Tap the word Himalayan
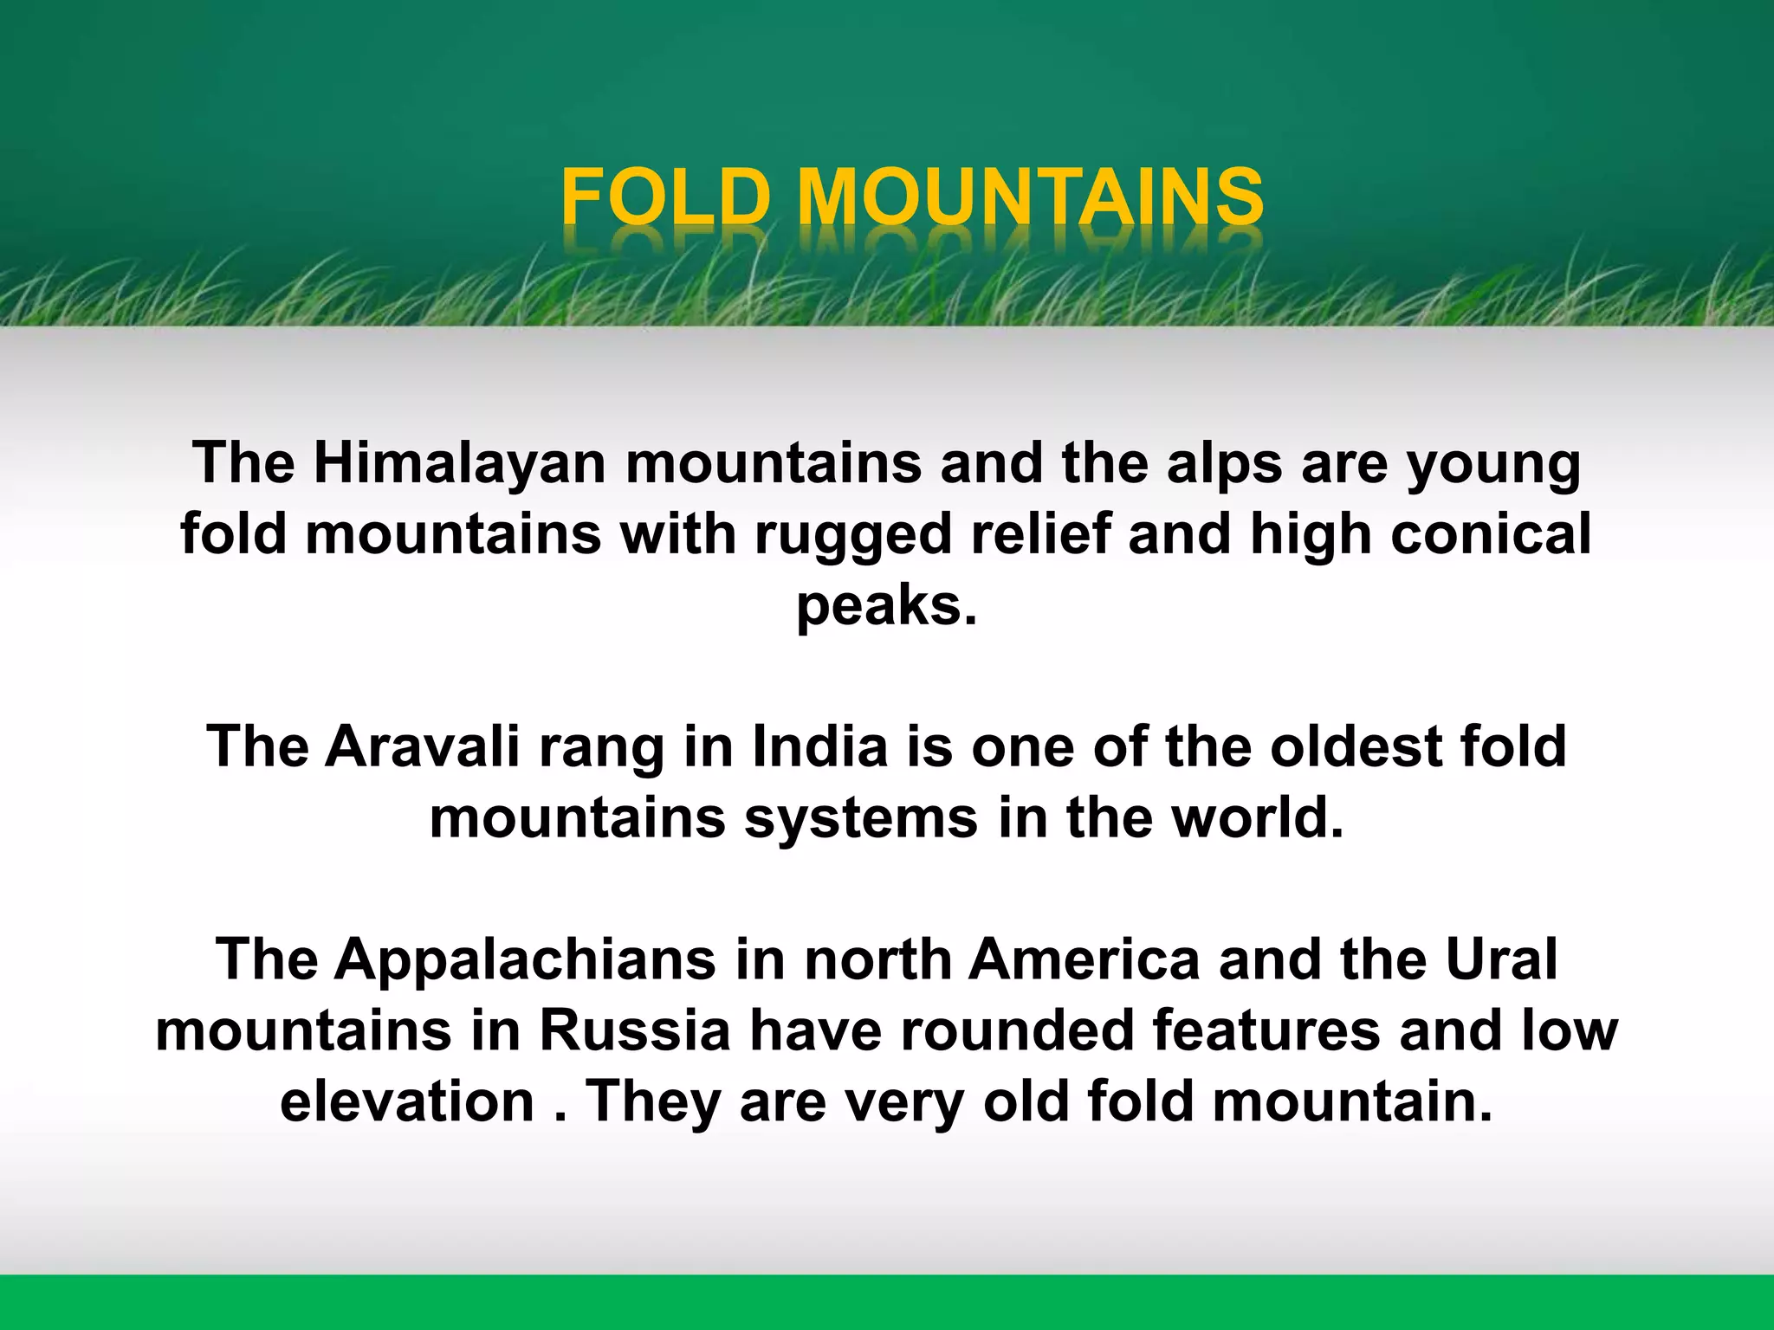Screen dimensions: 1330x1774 pyautogui.click(x=459, y=463)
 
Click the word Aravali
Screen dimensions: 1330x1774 pyautogui.click(x=422, y=746)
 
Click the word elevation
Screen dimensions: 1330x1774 pyautogui.click(x=407, y=1101)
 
